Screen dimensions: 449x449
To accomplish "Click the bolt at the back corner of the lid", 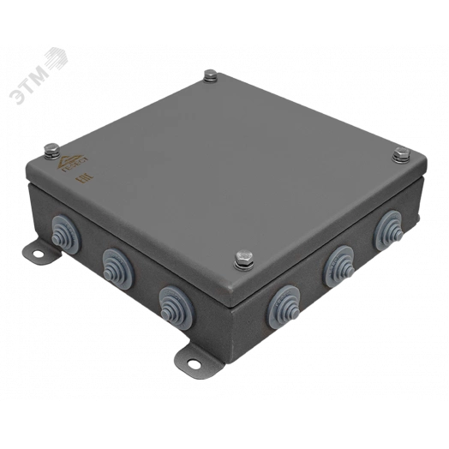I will tap(209, 80).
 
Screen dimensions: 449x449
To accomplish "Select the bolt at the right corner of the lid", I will tap(398, 155).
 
